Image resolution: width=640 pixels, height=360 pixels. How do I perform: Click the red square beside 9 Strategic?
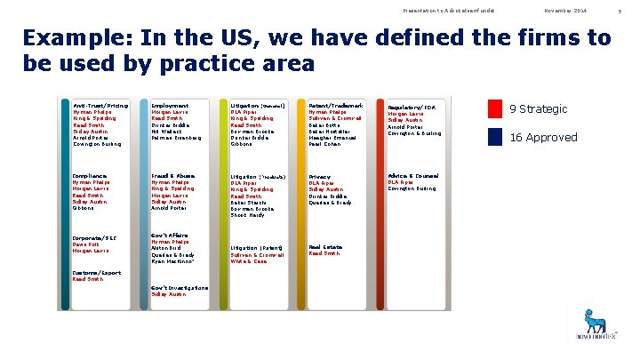495,108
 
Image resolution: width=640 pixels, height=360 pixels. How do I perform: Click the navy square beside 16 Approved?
495,137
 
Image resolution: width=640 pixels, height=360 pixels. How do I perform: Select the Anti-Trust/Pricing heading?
100,106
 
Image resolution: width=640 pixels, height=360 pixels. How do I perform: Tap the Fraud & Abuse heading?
173,176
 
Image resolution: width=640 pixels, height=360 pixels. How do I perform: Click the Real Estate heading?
326,246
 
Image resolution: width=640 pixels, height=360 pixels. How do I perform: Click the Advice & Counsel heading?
413,176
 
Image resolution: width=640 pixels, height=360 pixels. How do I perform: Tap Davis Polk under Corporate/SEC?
86,244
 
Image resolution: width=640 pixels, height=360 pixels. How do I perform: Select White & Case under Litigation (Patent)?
249,261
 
